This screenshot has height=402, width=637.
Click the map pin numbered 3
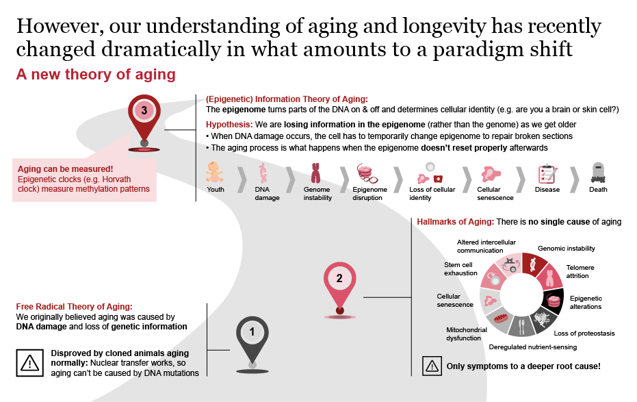[x=144, y=113]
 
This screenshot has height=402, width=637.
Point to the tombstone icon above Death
[x=597, y=172]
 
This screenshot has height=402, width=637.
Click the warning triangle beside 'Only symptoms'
[x=432, y=366]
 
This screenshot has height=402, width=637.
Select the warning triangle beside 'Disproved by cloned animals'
[x=29, y=362]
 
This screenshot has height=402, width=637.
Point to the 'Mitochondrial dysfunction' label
[x=466, y=333]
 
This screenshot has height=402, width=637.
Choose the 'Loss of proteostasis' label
[x=584, y=334]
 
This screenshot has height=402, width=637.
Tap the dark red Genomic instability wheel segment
[x=533, y=264]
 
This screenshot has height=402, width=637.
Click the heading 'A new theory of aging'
[x=96, y=74]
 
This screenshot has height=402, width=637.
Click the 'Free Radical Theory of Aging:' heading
[x=74, y=306]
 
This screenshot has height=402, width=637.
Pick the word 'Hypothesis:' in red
[x=229, y=124]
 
